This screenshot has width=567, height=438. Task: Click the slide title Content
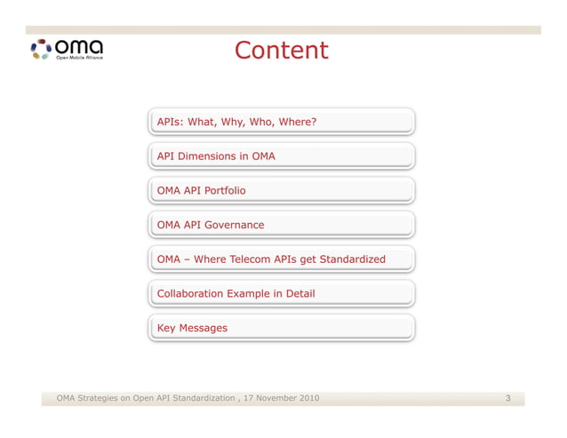click(x=282, y=51)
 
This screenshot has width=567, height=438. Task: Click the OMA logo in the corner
click(x=67, y=49)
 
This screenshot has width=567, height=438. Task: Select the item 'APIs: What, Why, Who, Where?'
click(x=281, y=122)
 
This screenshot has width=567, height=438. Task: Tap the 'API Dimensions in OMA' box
click(x=281, y=156)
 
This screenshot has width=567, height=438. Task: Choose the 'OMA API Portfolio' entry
click(x=281, y=190)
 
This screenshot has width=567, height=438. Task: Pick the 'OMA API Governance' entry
click(x=281, y=225)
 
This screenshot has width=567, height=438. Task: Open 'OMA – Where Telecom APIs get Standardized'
click(x=281, y=259)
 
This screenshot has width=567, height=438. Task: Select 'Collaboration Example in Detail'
click(x=281, y=293)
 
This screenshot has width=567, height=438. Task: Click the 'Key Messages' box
click(x=281, y=328)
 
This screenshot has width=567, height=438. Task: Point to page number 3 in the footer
click(x=508, y=398)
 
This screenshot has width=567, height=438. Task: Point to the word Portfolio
click(x=224, y=190)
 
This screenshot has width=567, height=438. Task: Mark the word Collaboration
click(x=189, y=293)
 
